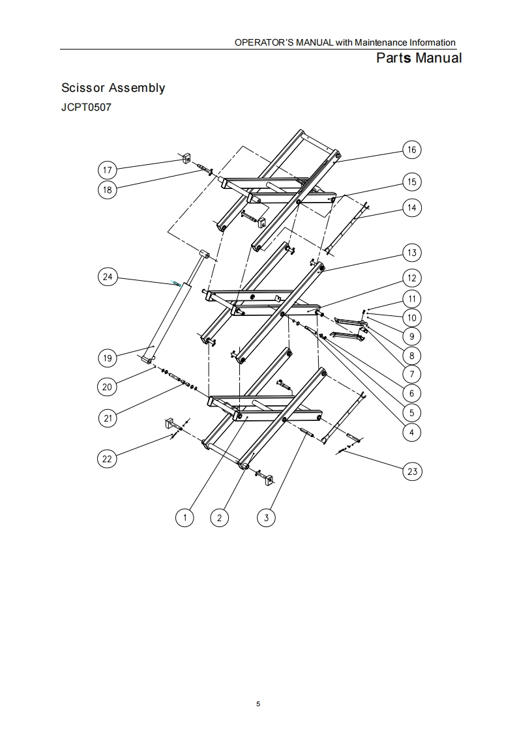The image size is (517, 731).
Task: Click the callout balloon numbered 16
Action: click(411, 150)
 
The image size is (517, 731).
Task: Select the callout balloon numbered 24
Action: click(108, 277)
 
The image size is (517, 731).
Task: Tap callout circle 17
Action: click(108, 171)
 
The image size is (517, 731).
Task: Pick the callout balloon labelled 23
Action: click(412, 471)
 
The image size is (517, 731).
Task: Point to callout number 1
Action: click(186, 518)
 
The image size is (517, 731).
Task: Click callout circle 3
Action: click(265, 518)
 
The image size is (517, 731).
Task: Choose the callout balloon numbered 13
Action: click(411, 253)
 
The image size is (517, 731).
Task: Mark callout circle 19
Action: click(108, 358)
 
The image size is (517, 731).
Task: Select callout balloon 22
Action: click(108, 459)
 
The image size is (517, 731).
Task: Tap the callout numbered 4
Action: click(411, 431)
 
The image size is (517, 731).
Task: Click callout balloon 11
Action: click(411, 299)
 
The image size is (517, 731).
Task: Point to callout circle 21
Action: click(108, 418)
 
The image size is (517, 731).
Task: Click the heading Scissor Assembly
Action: click(113, 88)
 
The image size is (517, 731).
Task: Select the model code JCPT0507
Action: click(86, 107)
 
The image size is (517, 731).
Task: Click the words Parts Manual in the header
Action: click(419, 58)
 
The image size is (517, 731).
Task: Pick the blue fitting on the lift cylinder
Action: click(176, 283)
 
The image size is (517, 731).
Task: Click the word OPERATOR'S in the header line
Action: click(259, 43)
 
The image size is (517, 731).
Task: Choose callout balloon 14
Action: click(411, 208)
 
